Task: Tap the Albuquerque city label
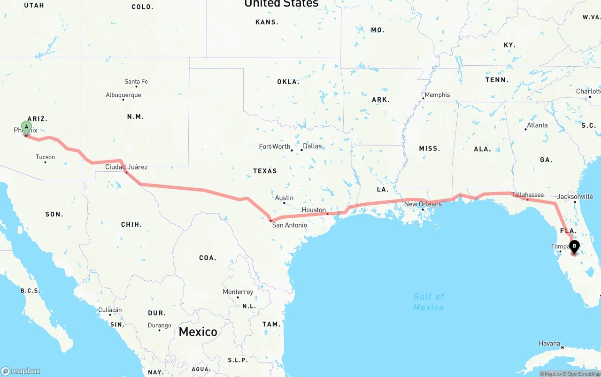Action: (x=123, y=95)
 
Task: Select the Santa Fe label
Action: (x=136, y=82)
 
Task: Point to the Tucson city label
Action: (x=45, y=157)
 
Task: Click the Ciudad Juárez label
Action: (x=126, y=167)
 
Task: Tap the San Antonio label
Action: (x=290, y=225)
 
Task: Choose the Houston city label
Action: (x=314, y=210)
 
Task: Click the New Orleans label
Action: (x=423, y=204)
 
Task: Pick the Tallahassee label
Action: (x=527, y=195)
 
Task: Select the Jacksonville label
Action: (x=575, y=197)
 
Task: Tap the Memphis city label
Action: (x=437, y=95)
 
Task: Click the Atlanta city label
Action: (x=537, y=125)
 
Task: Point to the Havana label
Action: (x=549, y=344)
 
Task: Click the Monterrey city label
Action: (x=238, y=292)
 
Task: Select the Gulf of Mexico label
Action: (x=429, y=302)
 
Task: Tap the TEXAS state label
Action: (x=265, y=171)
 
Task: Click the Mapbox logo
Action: (x=21, y=371)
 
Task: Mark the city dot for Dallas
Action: (x=301, y=150)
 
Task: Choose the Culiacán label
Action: (x=110, y=310)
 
